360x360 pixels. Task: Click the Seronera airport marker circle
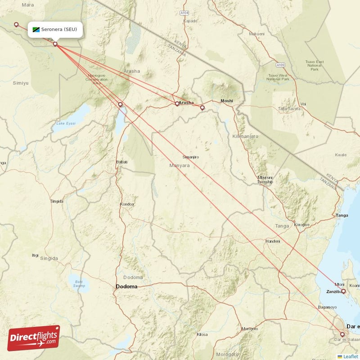(55, 44)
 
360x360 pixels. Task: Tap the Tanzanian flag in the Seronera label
(36, 30)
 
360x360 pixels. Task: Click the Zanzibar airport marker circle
(344, 292)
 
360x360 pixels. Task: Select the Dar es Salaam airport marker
(342, 334)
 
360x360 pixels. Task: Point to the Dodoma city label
(126, 286)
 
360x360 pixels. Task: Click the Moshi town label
(226, 101)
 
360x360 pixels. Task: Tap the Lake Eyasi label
(65, 123)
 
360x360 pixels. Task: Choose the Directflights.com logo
(33, 338)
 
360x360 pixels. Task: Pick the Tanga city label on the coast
(342, 216)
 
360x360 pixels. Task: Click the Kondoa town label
(127, 204)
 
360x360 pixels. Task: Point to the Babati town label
(122, 162)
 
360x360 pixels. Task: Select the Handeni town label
(273, 241)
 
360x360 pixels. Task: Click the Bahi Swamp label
(79, 283)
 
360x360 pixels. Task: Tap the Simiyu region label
(21, 83)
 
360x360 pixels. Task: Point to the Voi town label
(303, 104)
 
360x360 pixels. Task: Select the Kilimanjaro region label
(245, 136)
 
